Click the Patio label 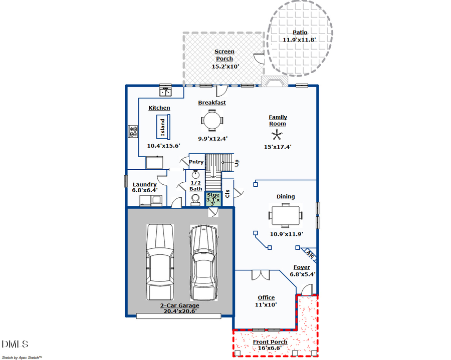coord(300,33)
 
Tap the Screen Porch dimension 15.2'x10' coord(224,66)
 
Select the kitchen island coord(163,127)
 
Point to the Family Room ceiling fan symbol coord(276,134)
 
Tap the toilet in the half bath coord(196,200)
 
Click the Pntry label coord(196,162)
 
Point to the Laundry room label coord(144,184)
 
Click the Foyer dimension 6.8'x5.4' coord(303,274)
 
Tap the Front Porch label coord(270,342)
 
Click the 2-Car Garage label coord(179,305)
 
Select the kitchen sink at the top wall coord(165,92)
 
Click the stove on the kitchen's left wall coord(133,131)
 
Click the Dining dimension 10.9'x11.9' coord(286,234)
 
